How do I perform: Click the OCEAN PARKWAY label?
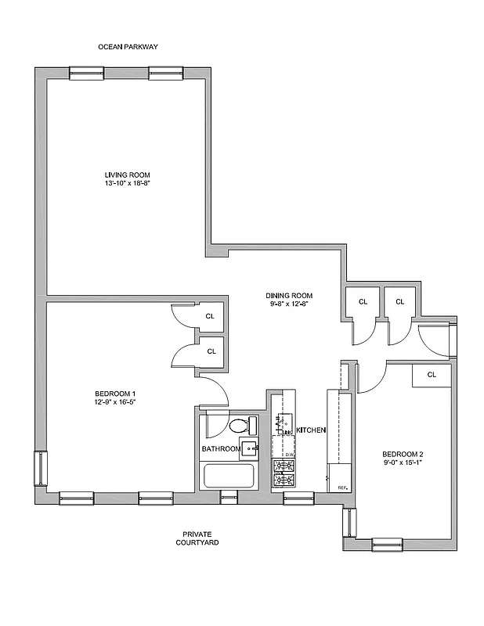point(128,47)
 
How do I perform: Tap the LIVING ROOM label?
point(128,174)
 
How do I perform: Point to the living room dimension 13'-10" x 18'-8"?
point(128,183)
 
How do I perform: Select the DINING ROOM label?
point(289,296)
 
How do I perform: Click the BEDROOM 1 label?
point(116,393)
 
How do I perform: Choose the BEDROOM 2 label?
point(403,455)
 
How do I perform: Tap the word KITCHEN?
point(310,430)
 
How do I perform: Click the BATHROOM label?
point(220,449)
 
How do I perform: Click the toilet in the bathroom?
point(240,426)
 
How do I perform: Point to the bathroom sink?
point(248,448)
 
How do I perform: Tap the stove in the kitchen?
point(284,473)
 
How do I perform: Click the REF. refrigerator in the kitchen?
point(340,477)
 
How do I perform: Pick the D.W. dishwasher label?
point(288,455)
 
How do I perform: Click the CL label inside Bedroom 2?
point(432,375)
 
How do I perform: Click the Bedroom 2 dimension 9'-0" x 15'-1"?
point(403,464)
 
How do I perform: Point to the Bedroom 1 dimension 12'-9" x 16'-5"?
point(116,402)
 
